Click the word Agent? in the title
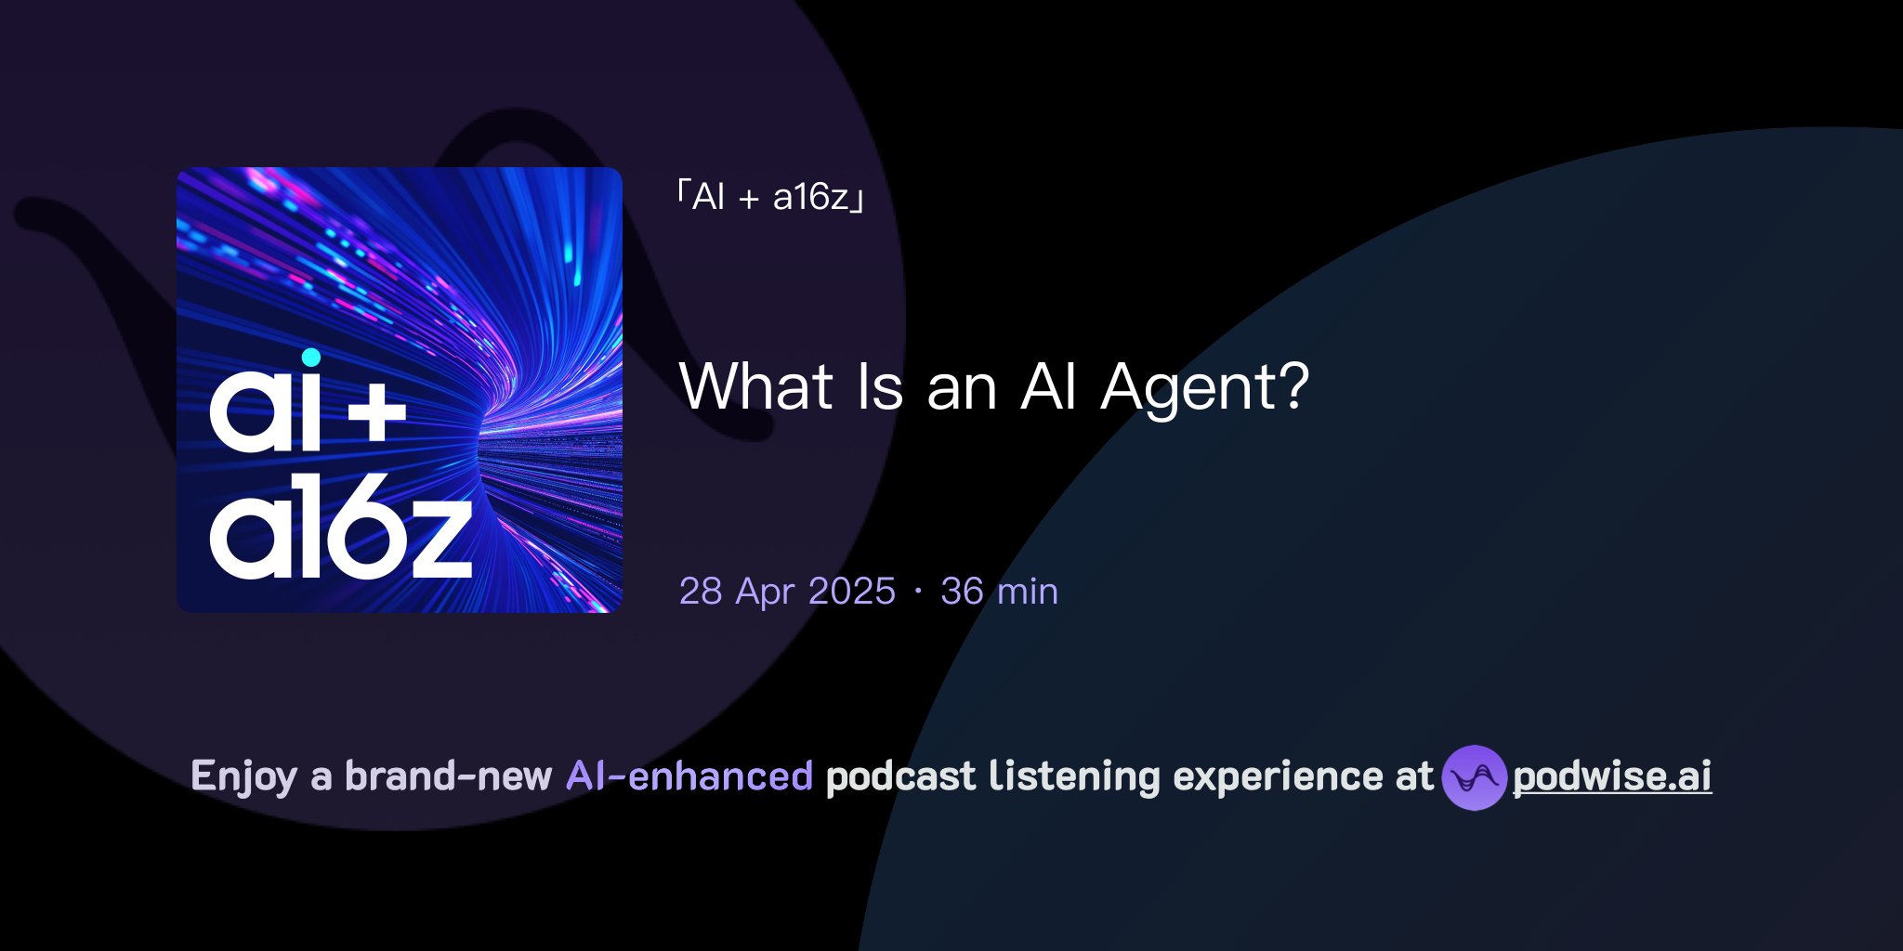click(1204, 388)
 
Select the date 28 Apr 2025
click(787, 592)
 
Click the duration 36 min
click(999, 592)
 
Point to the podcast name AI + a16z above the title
click(771, 197)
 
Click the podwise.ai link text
click(1611, 776)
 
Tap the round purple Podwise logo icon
click(1474, 777)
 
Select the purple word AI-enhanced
click(689, 776)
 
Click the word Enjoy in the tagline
click(243, 777)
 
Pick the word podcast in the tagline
click(900, 776)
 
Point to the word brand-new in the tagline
click(448, 776)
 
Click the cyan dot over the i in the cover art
click(311, 358)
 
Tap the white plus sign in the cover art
click(377, 413)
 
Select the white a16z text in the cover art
click(340, 528)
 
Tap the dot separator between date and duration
click(918, 592)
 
